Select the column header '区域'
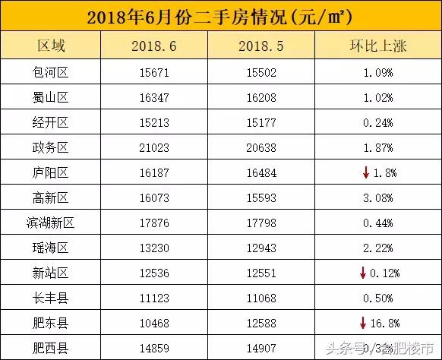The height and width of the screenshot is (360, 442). coord(52,46)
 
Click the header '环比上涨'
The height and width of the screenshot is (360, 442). coord(377,46)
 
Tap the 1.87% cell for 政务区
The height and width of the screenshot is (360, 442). coord(377,147)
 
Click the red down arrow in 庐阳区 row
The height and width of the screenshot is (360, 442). coord(365,172)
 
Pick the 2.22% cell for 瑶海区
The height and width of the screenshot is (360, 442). coord(377,248)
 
